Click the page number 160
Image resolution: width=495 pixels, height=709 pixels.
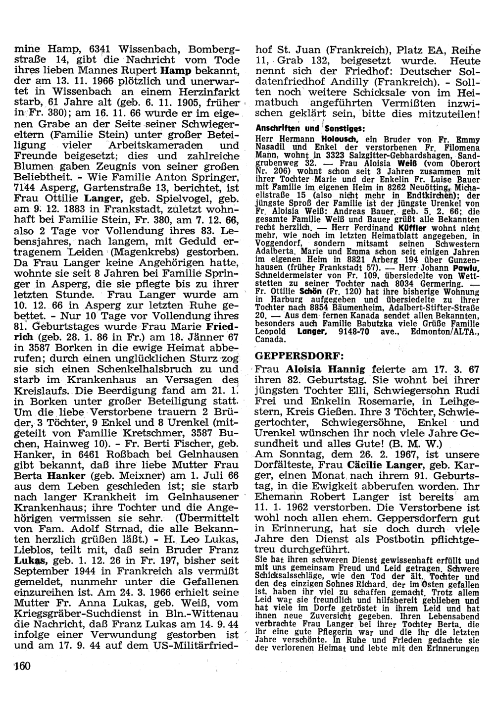22,666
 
